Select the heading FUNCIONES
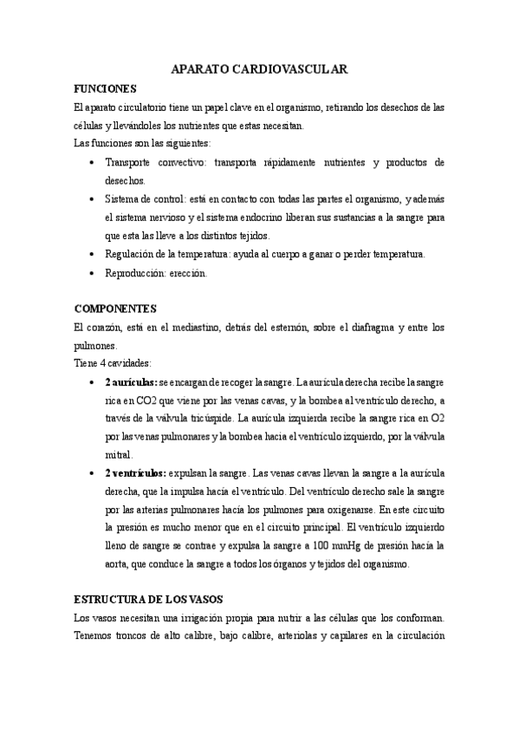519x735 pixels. pos(105,89)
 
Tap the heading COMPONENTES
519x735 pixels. pos(115,308)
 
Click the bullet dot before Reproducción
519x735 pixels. pos(93,273)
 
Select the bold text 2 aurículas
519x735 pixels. pos(131,381)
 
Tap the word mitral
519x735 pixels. pos(119,454)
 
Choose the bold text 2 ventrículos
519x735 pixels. pos(136,473)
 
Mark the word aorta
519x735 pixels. pos(117,563)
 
